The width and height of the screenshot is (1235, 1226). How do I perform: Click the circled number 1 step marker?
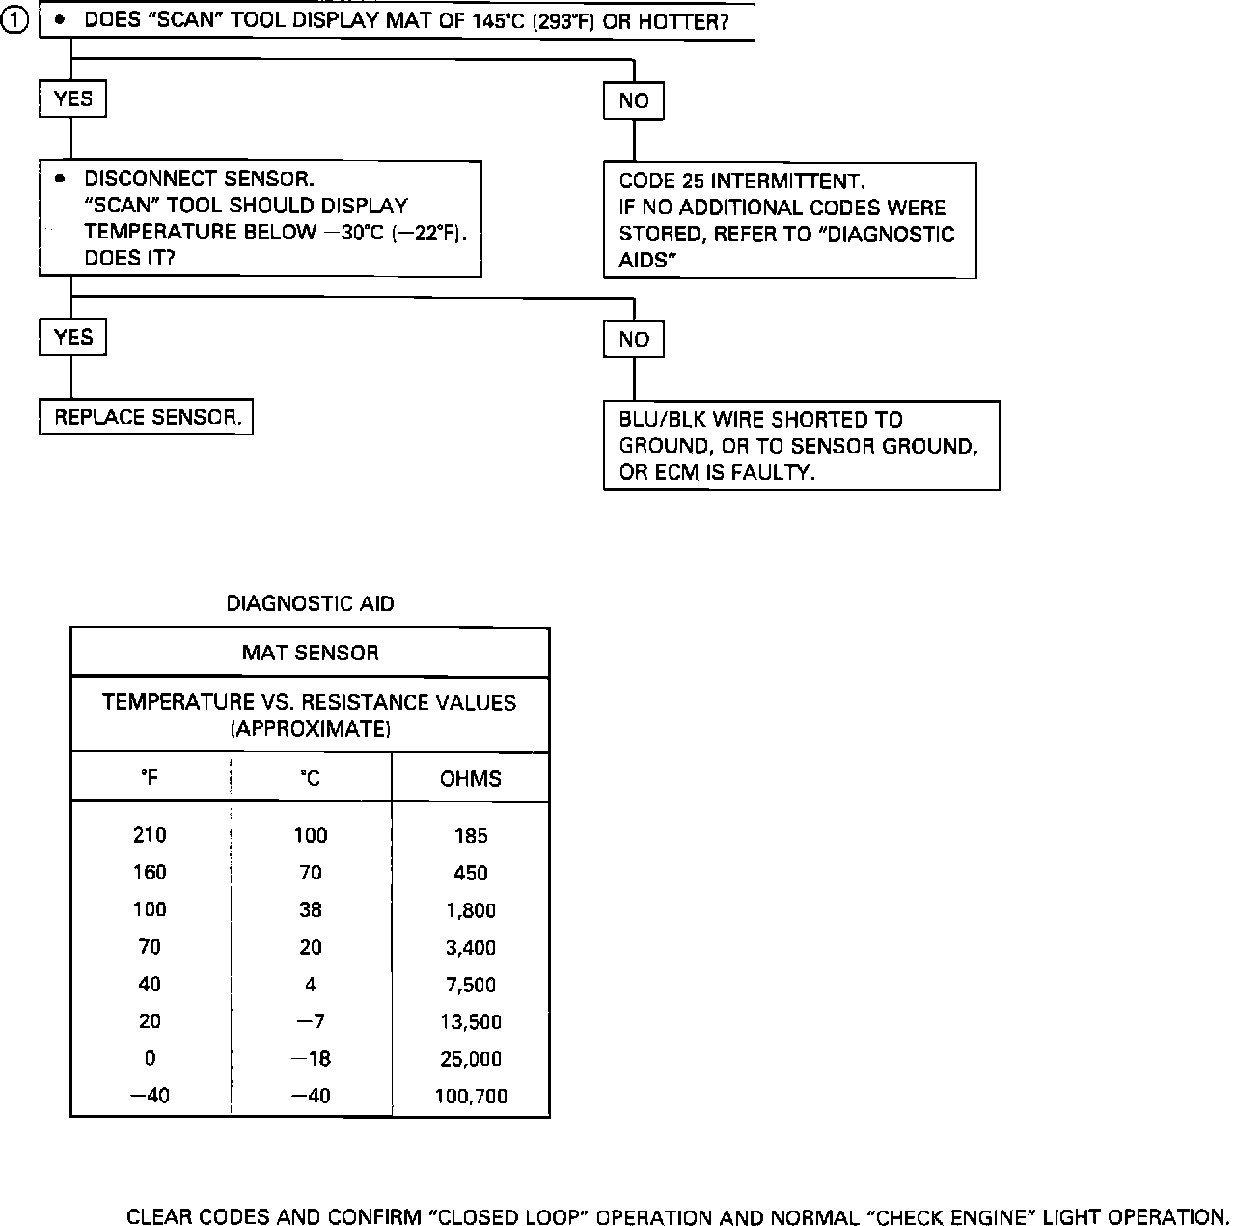(17, 21)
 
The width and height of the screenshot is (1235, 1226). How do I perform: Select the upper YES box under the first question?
(73, 99)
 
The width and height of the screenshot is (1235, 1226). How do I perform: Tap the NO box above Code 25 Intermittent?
(634, 101)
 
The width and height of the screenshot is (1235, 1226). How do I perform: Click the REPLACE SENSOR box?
(147, 418)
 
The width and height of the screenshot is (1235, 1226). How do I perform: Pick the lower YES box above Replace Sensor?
(73, 338)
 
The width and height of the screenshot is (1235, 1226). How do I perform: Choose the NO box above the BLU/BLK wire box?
(634, 340)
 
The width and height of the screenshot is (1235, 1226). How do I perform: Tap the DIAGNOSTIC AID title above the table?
(310, 604)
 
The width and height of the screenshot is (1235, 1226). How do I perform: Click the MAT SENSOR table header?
(310, 654)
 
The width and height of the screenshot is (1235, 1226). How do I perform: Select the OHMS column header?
(471, 779)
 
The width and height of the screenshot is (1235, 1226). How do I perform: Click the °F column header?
(150, 778)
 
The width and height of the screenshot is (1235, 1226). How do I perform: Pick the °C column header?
(310, 778)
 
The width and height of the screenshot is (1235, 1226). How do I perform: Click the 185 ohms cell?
(471, 836)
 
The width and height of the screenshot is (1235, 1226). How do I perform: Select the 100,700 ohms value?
(471, 1097)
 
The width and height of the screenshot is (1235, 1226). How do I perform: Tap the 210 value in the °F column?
(150, 835)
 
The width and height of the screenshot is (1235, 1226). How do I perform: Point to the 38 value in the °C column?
(310, 909)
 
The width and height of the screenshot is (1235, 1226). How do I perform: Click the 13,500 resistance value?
(471, 1022)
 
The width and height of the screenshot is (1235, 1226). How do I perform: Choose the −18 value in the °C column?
(311, 1059)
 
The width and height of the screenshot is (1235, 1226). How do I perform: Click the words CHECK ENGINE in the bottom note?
(959, 1218)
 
